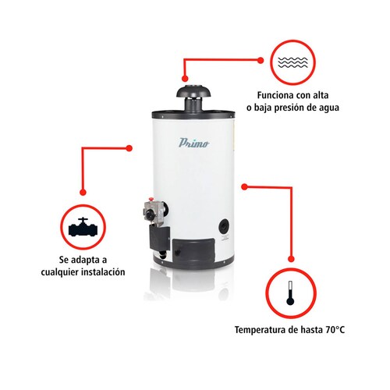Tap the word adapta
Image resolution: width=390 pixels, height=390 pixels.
pos(95,259)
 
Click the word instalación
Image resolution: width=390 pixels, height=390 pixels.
pos(104,272)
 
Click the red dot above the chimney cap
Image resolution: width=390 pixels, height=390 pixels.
pos(184,79)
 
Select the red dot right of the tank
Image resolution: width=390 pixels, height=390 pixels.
pos(243,186)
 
